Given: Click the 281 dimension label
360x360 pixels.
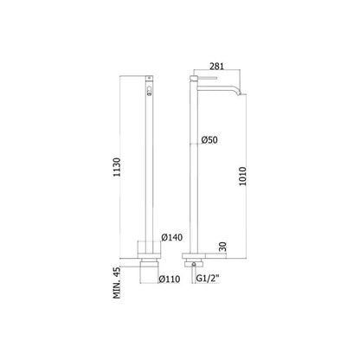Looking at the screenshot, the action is click(x=216, y=66).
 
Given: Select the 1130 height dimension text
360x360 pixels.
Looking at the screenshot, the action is click(x=117, y=167).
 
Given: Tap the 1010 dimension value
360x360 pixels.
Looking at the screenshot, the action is click(x=242, y=177).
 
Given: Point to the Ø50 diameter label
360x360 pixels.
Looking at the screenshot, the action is click(x=209, y=140).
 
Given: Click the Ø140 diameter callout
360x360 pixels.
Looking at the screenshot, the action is click(x=172, y=237).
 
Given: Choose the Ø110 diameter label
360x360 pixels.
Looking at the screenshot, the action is click(x=170, y=280).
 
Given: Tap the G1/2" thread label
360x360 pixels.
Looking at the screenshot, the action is click(x=208, y=279).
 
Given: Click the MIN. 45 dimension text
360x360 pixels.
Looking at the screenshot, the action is click(x=117, y=283).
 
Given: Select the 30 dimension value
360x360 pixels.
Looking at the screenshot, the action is click(x=223, y=247).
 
